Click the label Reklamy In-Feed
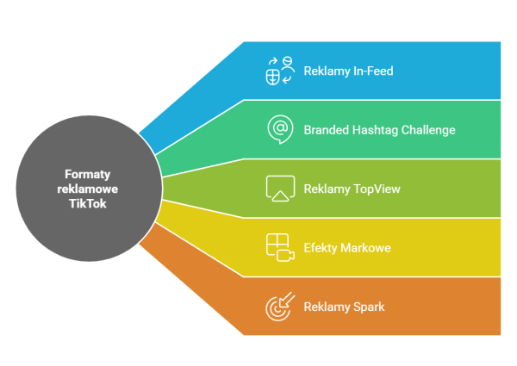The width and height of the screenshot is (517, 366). [348, 71]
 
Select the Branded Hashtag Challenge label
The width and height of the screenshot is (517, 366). [379, 130]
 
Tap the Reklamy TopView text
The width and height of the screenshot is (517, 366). [352, 189]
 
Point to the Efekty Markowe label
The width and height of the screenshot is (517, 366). [347, 248]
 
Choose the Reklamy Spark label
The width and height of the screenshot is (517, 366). [344, 307]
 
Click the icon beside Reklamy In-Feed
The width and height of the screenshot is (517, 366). [280, 71]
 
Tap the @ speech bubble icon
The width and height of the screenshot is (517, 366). [280, 129]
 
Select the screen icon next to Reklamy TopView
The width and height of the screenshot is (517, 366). [281, 189]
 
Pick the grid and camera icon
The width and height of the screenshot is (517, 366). [280, 247]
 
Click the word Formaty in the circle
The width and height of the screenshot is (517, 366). [88, 174]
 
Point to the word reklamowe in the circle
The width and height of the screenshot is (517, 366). [88, 189]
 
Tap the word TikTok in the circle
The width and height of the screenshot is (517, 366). [88, 203]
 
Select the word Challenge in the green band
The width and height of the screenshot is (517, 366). [428, 130]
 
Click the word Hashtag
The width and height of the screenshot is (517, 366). [375, 130]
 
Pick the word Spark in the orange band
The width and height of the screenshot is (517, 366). [369, 307]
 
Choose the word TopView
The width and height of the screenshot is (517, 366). [377, 189]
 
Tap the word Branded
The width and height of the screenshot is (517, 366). [327, 130]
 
